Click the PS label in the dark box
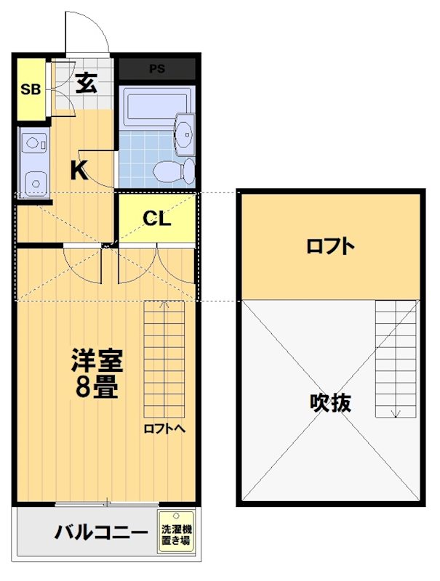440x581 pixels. click(x=157, y=70)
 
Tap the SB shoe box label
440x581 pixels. click(x=30, y=90)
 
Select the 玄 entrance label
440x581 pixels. click(x=85, y=84)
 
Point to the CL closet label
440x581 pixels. click(x=156, y=219)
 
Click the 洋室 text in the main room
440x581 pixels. click(x=97, y=360)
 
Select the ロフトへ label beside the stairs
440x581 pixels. click(x=164, y=428)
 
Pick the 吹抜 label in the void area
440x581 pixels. click(x=330, y=402)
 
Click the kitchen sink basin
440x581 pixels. click(x=33, y=144)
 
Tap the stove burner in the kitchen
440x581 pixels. click(x=33, y=181)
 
